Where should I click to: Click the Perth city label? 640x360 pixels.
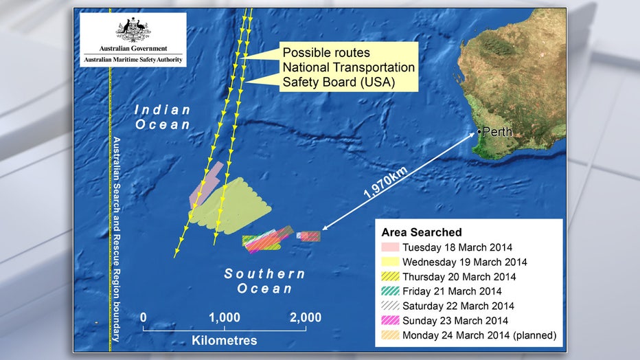tap(498, 132)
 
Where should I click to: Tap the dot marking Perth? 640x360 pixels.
tap(479, 131)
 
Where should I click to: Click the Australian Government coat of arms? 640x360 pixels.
tap(133, 30)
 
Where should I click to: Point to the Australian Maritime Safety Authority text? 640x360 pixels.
tap(133, 60)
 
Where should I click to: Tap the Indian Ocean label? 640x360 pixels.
tap(162, 117)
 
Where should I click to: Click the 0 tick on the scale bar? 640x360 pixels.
tap(144, 317)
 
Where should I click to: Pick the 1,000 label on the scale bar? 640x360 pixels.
tap(224, 317)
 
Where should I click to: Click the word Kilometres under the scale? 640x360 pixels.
tap(224, 340)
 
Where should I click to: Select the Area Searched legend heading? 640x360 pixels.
tap(422, 232)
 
